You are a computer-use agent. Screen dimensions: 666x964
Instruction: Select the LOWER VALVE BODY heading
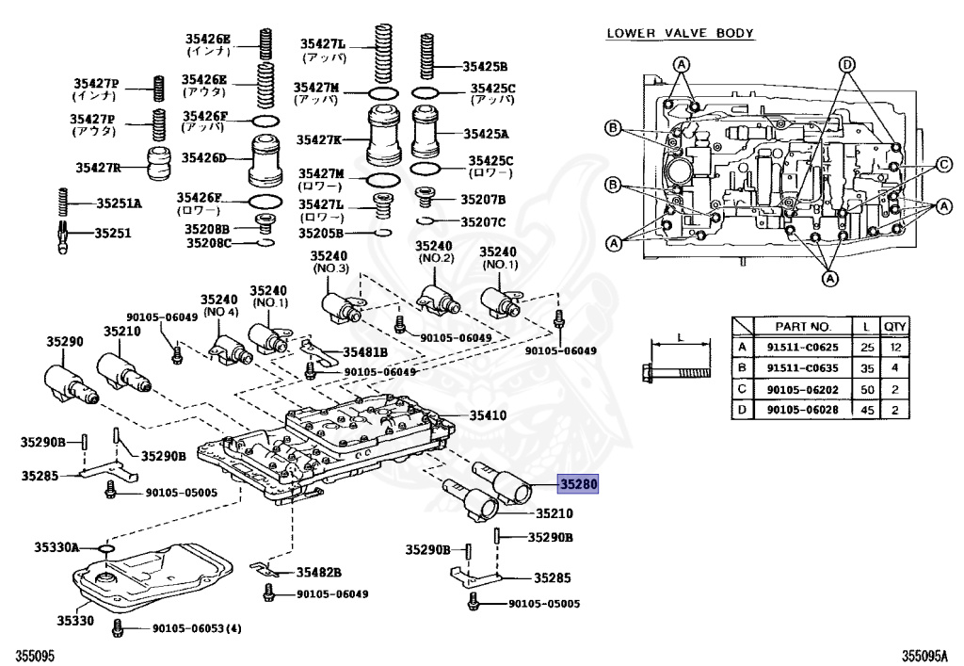pos(680,33)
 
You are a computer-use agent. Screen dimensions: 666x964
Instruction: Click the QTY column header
pos(893,327)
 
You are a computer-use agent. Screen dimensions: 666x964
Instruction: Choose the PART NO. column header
pos(801,327)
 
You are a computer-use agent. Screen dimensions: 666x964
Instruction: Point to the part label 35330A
pos(57,546)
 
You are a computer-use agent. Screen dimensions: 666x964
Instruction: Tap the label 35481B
pos(365,352)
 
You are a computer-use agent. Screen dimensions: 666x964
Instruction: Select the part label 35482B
pos(318,572)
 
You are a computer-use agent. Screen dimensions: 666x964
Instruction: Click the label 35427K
pos(320,139)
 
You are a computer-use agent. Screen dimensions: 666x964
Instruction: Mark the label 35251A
pos(119,203)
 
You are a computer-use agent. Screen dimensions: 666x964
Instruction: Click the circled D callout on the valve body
pos(846,64)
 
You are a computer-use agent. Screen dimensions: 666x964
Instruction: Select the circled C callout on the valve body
pos(940,167)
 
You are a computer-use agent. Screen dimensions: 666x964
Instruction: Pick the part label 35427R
pos(98,168)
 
